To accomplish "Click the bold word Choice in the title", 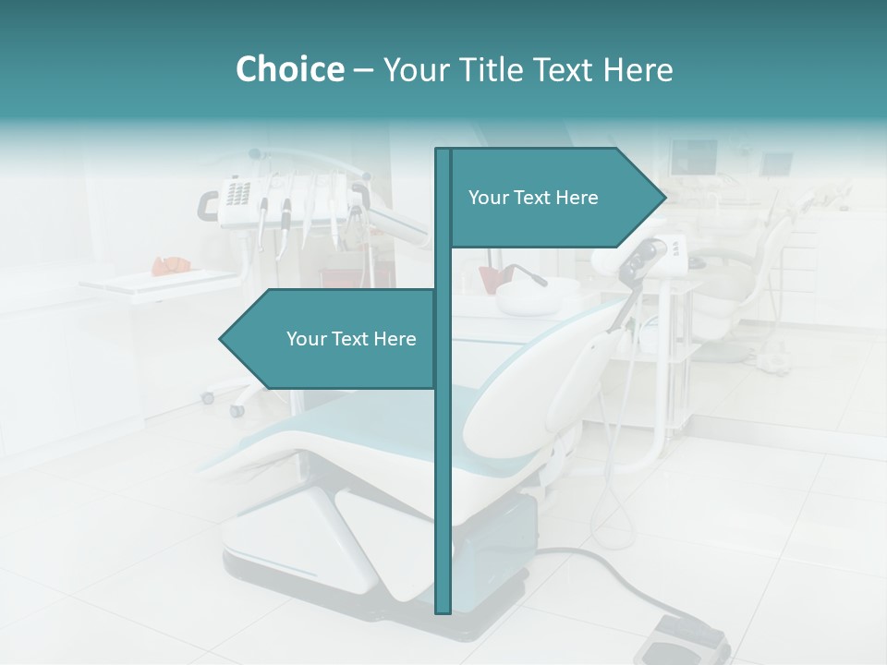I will [289, 69].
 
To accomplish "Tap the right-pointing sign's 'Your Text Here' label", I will [533, 198].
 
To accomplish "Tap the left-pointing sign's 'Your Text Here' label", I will [351, 339].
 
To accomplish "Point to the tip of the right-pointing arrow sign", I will [664, 197].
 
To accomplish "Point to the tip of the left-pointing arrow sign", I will [221, 339].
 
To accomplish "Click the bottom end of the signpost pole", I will [443, 611].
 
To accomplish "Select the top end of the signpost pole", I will [443, 151].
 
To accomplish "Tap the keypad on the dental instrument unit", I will [237, 194].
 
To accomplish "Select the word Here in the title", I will [637, 69].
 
